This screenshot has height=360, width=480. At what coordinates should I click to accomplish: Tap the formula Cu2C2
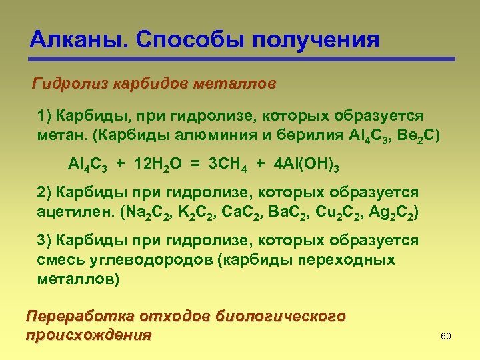point(340,215)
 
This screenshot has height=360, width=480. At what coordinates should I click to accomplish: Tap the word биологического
point(281,316)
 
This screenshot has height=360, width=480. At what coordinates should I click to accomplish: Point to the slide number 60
point(446,337)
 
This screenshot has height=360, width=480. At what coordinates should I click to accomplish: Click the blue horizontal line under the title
point(240,59)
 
